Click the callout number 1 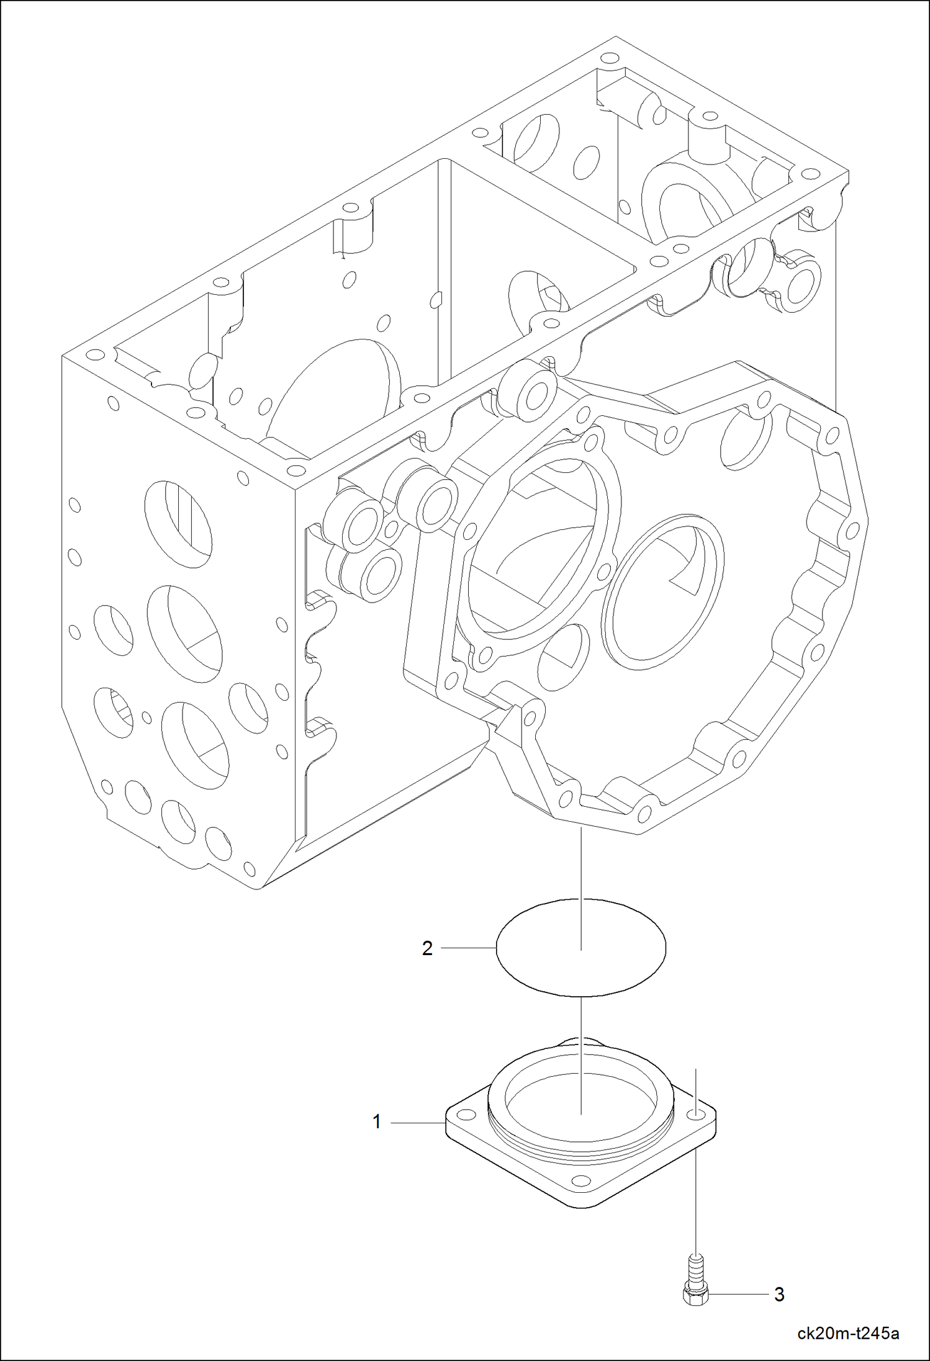pos(377,1122)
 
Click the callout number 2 pos(427,948)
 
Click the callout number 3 pos(779,1295)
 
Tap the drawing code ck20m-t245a pos(849,1333)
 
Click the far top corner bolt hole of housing pos(607,58)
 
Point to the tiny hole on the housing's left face pos(147,717)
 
